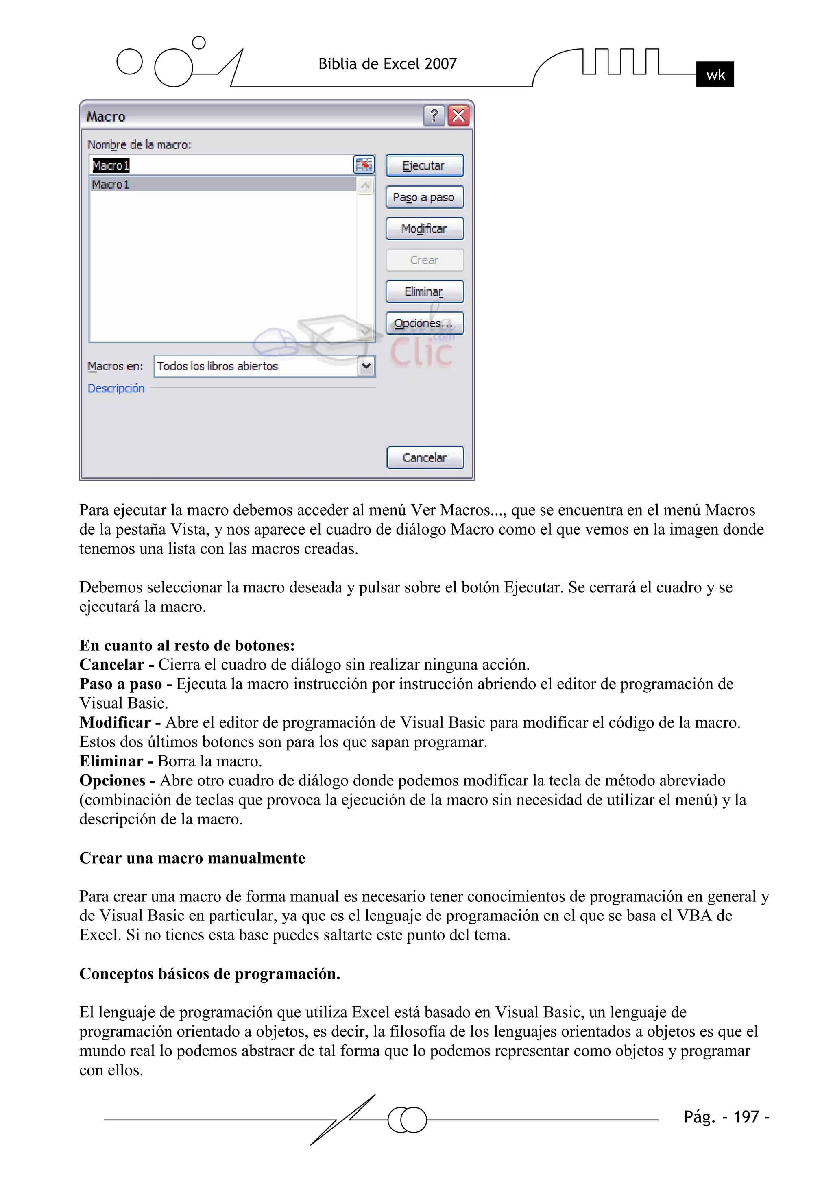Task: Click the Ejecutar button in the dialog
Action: point(425,165)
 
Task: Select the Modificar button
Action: point(425,228)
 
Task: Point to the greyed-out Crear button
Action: point(425,260)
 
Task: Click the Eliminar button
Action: point(425,291)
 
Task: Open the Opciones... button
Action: point(425,323)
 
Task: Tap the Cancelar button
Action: point(425,457)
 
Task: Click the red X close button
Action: point(458,115)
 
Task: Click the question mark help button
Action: point(434,115)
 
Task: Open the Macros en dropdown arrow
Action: point(366,366)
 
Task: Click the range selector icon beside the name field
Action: point(364,165)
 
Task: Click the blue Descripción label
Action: point(116,388)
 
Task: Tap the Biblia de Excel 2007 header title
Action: point(388,64)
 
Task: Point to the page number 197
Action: point(746,1117)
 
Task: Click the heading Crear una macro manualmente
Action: point(192,858)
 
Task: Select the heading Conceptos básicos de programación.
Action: point(209,974)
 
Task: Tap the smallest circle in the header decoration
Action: point(199,42)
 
